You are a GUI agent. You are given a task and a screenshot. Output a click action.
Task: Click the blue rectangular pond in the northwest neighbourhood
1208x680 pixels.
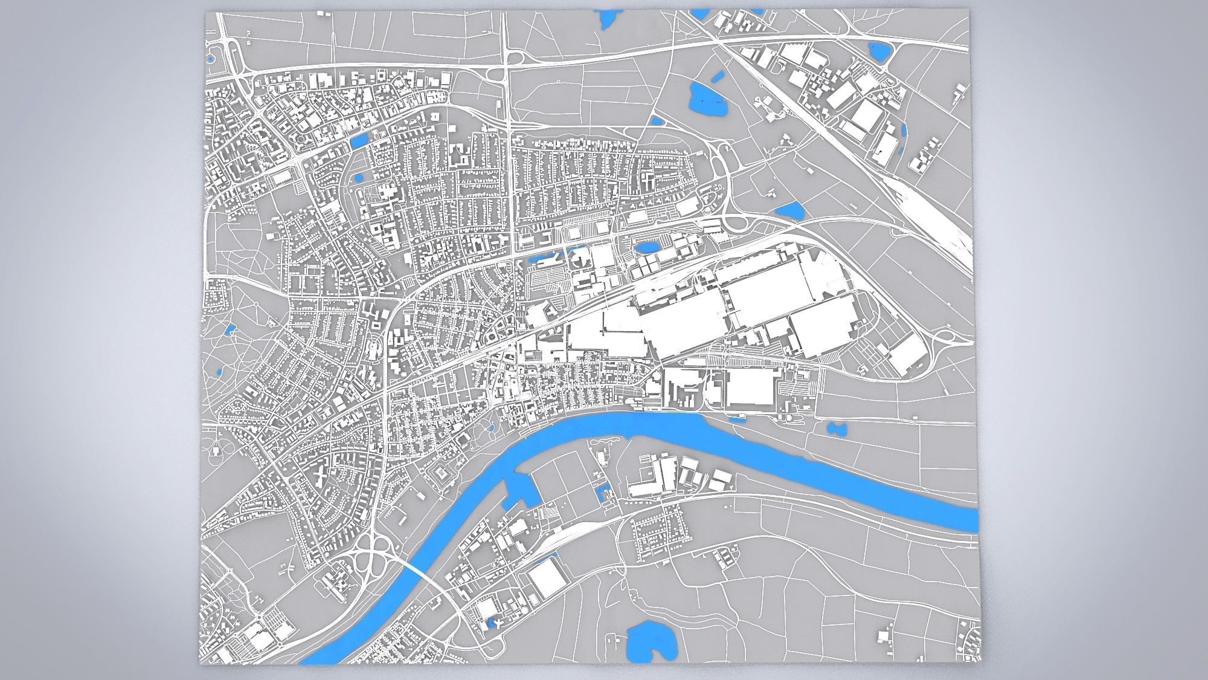(358, 141)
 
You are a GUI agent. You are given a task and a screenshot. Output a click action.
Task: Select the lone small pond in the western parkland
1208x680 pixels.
(230, 329)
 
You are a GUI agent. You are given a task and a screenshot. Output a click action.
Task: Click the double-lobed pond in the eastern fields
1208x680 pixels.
(835, 428)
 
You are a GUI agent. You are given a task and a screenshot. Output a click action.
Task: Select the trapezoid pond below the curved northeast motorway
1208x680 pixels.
(789, 210)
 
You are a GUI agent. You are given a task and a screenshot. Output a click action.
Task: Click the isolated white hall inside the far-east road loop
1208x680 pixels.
(907, 354)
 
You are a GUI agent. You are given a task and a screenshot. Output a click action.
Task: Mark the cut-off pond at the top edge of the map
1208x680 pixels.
(605, 19)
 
